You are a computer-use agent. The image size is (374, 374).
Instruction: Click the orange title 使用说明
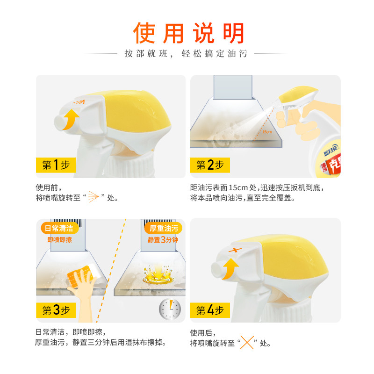188,33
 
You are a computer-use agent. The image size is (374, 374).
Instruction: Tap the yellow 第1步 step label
56,165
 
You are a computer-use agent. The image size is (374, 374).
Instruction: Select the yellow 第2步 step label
210,165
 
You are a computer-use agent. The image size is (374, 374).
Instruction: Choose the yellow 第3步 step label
56,310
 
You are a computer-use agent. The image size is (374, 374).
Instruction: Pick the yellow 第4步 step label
210,310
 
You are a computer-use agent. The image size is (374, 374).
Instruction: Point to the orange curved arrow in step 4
230,268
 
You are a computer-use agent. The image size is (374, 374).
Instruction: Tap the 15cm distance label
267,132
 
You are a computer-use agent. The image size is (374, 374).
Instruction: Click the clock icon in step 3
170,309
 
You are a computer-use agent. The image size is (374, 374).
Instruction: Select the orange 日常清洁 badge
60,228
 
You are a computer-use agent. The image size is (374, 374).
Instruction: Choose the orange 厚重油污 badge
163,228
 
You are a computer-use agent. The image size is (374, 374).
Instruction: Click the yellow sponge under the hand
81,276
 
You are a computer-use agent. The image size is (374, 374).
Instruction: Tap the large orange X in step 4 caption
247,343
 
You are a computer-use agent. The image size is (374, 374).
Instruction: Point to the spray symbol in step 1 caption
93,197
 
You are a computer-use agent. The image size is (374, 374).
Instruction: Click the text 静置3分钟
163,239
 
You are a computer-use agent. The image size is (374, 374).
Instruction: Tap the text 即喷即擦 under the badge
60,240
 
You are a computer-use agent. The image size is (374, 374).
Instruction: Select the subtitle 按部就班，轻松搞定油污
186,54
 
